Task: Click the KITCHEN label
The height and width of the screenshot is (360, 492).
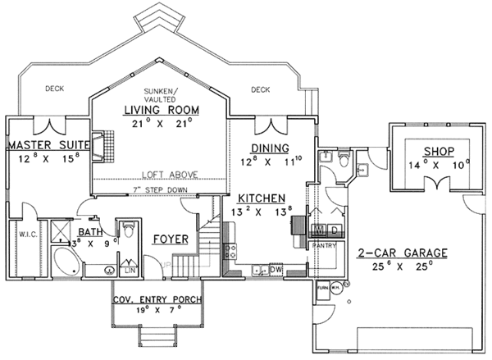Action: [x=261, y=198]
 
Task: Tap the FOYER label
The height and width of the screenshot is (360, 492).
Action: [x=171, y=239]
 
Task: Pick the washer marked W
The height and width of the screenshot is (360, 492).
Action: [x=318, y=230]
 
